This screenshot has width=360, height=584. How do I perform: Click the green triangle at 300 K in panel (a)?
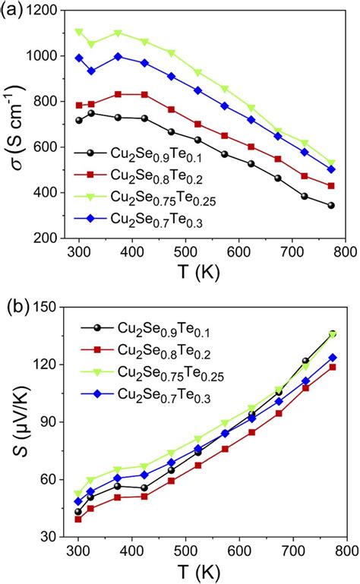pos(78,32)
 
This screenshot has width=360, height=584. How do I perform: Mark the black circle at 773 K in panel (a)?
pos(331,205)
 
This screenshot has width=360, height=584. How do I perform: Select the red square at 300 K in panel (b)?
pos(78,519)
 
